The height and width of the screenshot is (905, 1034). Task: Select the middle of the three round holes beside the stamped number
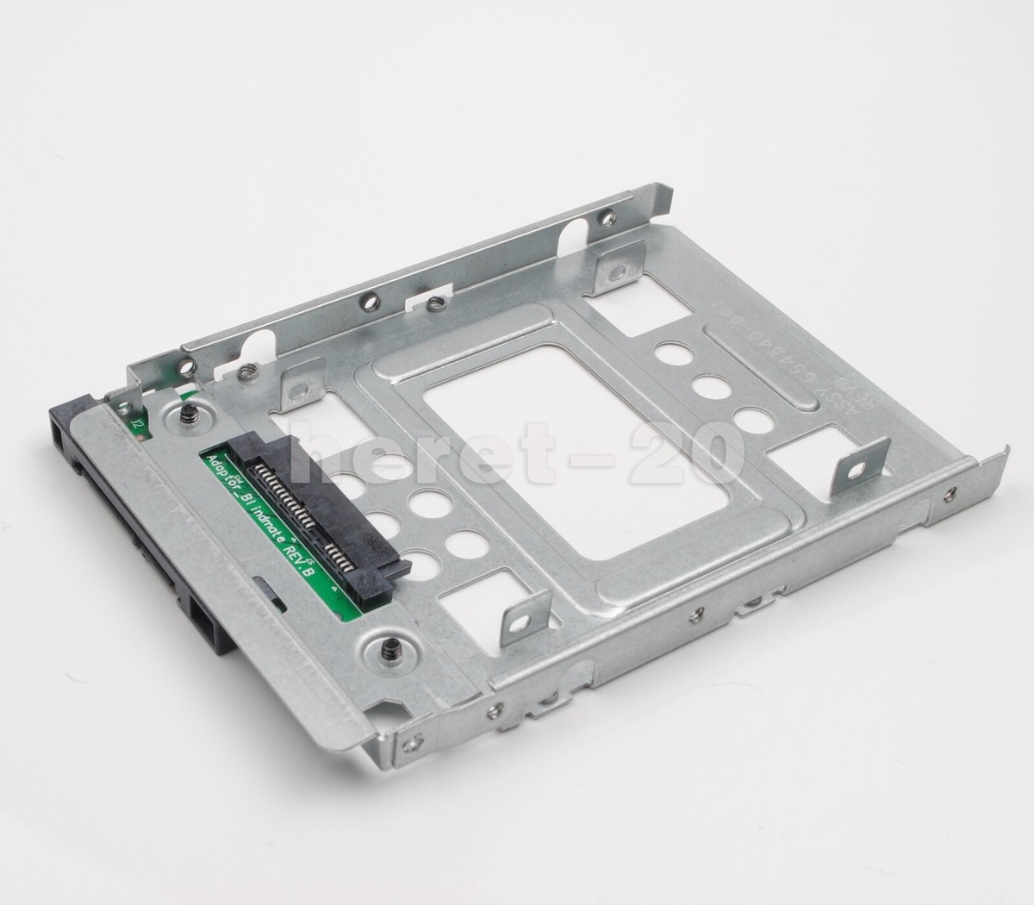click(708, 386)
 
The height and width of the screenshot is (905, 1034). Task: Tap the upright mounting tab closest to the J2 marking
click(301, 380)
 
